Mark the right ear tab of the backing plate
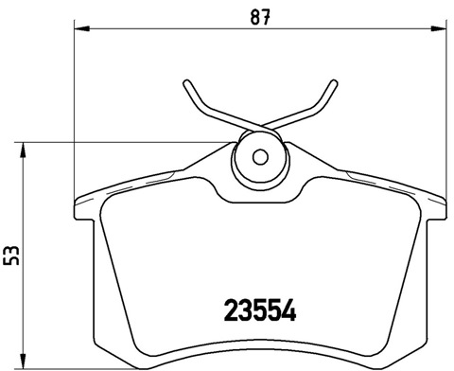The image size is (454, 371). click(x=441, y=201)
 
